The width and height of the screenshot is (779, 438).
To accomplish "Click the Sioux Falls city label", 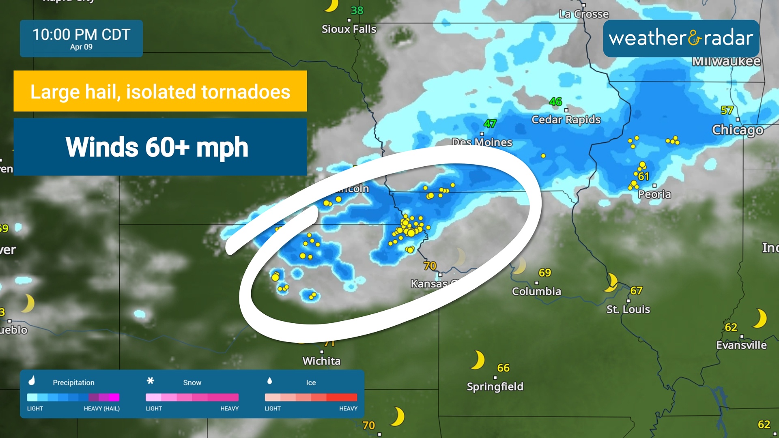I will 349,29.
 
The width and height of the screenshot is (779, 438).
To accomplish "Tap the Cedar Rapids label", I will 566,120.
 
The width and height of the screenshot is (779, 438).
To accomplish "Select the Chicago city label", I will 738,130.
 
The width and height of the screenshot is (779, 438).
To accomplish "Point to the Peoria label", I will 654,194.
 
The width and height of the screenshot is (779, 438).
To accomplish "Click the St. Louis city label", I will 628,309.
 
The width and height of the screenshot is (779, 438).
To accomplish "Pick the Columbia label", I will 536,291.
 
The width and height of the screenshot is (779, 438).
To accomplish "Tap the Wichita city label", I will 321,361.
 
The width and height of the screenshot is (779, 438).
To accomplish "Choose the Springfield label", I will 495,386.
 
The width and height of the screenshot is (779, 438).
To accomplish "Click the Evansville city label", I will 741,345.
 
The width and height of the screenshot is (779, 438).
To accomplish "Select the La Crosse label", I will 583,14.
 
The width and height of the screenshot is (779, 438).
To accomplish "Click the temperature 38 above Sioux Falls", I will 357,11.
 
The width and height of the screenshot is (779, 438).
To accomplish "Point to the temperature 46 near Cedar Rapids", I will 555,101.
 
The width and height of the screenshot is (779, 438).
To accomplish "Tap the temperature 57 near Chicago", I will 727,110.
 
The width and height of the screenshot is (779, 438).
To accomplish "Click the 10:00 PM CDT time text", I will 81,34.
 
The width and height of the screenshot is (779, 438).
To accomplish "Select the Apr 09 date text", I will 81,47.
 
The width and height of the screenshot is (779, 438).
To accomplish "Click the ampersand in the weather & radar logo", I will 694,39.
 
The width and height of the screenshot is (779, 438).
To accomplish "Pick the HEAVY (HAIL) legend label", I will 101,408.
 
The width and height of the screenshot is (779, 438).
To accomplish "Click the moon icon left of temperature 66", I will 478,360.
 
